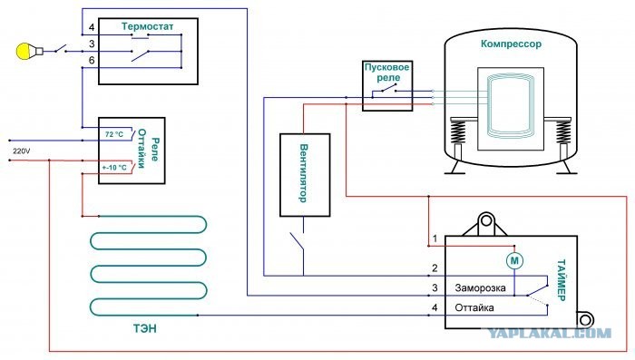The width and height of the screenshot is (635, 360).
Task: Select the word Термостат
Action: (147, 26)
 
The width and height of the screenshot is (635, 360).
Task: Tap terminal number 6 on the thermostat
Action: (92, 61)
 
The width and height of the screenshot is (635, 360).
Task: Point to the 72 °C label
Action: (114, 134)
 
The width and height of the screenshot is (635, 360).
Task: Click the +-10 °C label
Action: (114, 167)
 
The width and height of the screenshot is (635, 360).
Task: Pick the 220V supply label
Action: (22, 151)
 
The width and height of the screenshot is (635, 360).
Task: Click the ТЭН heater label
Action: (145, 328)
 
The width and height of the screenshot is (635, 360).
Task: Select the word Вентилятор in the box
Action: (304, 173)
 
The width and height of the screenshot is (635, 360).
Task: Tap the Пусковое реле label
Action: (387, 72)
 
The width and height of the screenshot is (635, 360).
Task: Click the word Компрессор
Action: (511, 44)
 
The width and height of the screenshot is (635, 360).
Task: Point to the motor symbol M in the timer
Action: (514, 261)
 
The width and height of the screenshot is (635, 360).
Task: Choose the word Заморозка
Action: (480, 288)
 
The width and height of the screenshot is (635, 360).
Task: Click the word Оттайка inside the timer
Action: (474, 307)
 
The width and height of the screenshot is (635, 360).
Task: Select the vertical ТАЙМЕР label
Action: (562, 280)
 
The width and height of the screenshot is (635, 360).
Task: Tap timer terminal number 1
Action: (435, 238)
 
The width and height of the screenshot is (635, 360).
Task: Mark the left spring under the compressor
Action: (458, 132)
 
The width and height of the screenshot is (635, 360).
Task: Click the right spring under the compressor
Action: (563, 132)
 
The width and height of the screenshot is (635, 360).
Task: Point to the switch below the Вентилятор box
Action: (298, 240)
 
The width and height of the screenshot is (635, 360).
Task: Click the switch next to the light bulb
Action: (61, 49)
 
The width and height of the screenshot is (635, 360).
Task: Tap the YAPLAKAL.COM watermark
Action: (549, 333)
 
